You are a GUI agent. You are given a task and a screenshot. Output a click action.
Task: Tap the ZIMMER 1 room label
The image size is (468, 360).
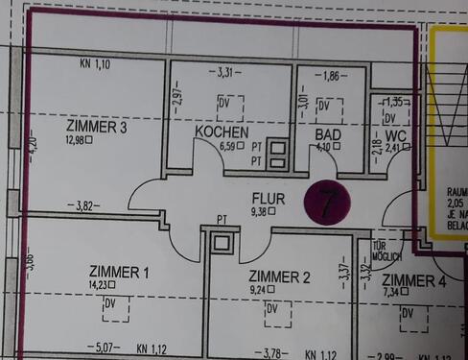coord(119,273)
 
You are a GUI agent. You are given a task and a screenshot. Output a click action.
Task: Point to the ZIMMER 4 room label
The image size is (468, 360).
coord(413,281)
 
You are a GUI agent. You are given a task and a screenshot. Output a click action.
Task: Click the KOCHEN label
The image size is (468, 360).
coord(222,132)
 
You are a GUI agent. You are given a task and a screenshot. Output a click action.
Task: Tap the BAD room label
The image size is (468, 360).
coord(328,134)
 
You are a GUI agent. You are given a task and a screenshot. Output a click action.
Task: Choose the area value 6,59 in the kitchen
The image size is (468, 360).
coord(230,146)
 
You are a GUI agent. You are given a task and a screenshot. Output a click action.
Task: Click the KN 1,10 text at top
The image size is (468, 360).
coord(96,64)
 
